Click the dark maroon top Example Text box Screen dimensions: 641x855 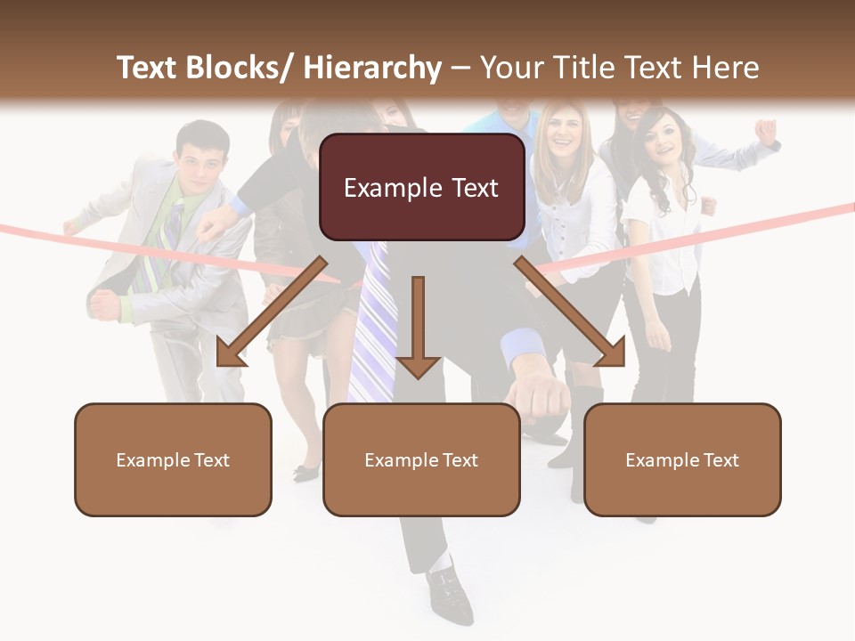point(421,188)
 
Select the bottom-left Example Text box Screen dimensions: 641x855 point(173,459)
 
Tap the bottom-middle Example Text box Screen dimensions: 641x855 point(421,459)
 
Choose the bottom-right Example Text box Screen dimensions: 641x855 point(682,459)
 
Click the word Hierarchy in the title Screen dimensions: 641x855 point(372,68)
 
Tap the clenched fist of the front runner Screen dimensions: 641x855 point(539,392)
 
